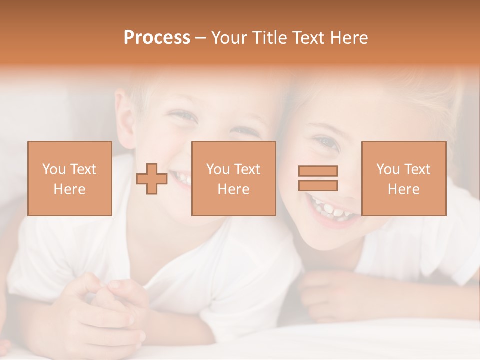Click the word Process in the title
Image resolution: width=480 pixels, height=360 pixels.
[157, 38]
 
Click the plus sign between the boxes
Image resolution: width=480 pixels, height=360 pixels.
[152, 179]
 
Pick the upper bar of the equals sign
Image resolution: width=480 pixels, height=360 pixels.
[318, 171]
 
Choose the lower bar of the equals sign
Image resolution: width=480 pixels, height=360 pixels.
[318, 185]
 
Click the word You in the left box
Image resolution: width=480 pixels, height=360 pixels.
[54, 169]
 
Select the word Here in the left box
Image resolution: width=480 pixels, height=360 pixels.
[69, 189]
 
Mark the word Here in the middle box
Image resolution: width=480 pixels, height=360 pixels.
[233, 189]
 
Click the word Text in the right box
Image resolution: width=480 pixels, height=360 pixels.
[417, 169]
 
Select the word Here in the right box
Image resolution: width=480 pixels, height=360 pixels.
[403, 189]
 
